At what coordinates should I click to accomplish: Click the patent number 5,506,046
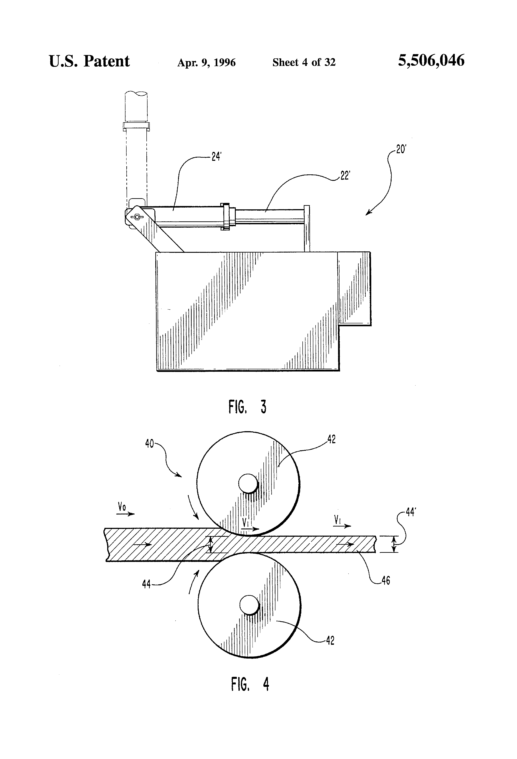click(x=431, y=61)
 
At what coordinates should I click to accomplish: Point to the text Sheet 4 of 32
click(x=304, y=62)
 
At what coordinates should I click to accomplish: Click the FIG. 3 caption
click(x=247, y=407)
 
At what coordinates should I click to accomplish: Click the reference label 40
click(x=149, y=444)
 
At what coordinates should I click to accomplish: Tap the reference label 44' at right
click(x=411, y=512)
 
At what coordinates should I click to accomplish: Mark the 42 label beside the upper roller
click(x=331, y=440)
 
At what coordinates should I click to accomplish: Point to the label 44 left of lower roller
click(x=146, y=584)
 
